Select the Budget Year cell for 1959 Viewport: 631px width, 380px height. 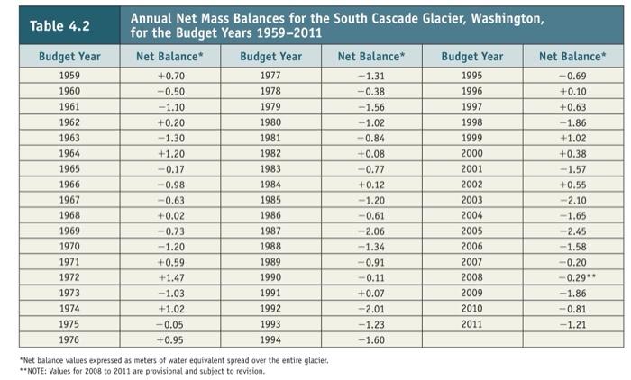coord(69,76)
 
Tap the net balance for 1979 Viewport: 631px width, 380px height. coord(370,106)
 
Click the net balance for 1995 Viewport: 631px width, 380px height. coord(572,76)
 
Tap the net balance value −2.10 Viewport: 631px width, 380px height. coord(572,198)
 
